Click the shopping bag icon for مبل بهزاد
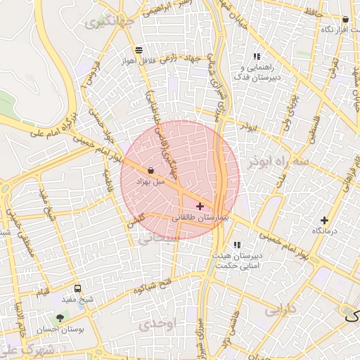tap(151, 169)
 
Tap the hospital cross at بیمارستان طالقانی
tap(200, 206)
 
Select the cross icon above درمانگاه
tap(324, 220)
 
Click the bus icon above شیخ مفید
tap(77, 288)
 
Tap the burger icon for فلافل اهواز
tap(139, 50)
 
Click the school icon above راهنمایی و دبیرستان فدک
tap(257, 56)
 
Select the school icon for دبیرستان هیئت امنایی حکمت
tap(236, 245)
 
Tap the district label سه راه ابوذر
tap(278, 162)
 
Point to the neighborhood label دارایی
tap(281, 309)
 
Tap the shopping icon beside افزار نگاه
tap(345, 20)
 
